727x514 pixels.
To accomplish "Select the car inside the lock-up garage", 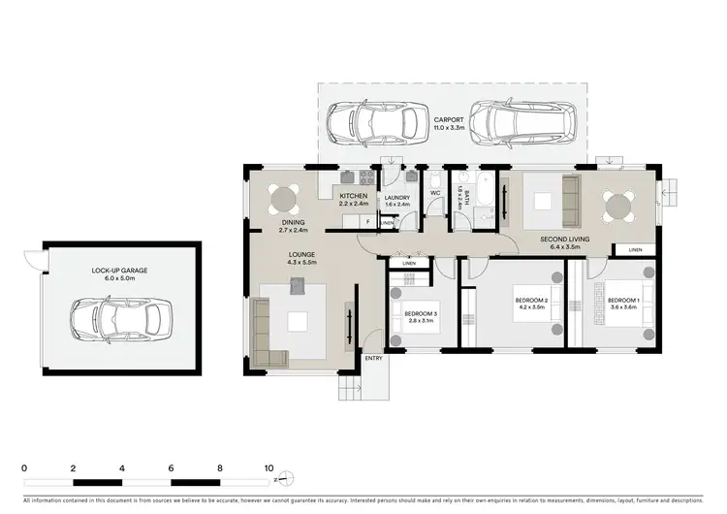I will pos(122,317).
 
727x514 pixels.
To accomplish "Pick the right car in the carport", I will pos(524,121).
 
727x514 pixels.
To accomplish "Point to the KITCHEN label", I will pos(354,197).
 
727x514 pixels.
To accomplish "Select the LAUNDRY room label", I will pos(397,198).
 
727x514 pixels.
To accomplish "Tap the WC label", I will pos(435,194).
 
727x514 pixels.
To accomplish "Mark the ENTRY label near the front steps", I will pos(373,359).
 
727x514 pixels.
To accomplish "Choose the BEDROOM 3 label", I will pos(423,312).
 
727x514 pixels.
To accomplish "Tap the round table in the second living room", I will pos(618,206).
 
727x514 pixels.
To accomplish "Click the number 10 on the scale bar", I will pos(269,467).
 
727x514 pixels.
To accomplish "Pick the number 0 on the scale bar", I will pos(24,467).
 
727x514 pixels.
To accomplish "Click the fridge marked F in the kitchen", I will pos(368,221).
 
